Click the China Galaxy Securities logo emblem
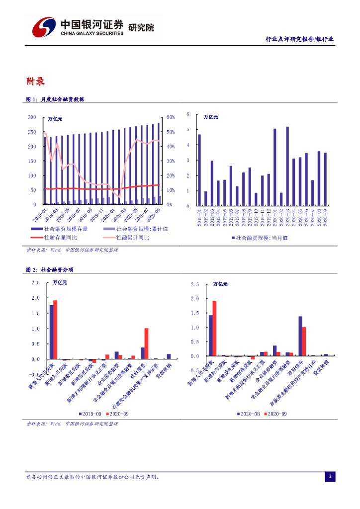(x=42, y=26)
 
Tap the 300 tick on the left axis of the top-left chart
(x=32, y=117)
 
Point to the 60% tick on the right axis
(x=170, y=117)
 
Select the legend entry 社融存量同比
(x=61, y=238)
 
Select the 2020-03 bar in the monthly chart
(x=287, y=166)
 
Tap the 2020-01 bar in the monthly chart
(x=274, y=167)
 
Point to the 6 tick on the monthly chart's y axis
(x=188, y=114)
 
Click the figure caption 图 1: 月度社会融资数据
(x=55, y=99)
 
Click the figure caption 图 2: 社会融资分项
(x=50, y=269)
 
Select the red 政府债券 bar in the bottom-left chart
(x=147, y=343)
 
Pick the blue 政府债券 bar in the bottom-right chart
(x=300, y=336)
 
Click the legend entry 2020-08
(x=248, y=414)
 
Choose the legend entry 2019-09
(x=91, y=414)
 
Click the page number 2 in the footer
(x=330, y=477)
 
